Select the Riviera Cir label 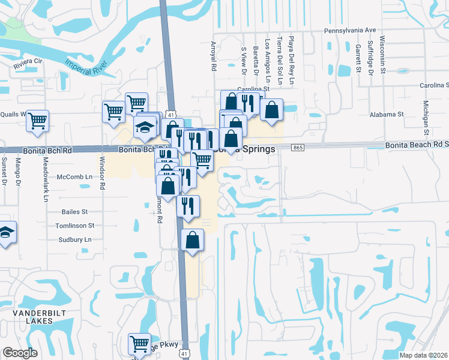[25, 61]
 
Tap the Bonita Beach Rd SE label [417, 145]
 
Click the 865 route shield [298, 148]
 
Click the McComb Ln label [74, 177]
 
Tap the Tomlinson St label [74, 226]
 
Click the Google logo [20, 353]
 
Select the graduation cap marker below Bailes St [5, 232]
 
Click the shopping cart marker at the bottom [139, 344]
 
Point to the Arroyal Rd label [213, 57]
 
